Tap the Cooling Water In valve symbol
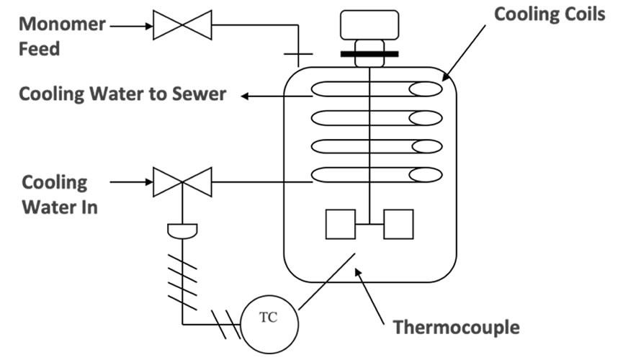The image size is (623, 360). [x=182, y=182]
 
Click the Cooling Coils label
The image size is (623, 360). [x=550, y=15]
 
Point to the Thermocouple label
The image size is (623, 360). [x=456, y=328]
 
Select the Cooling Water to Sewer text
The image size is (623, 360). [x=122, y=94]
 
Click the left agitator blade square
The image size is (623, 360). [x=341, y=224]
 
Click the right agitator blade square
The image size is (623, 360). [x=398, y=224]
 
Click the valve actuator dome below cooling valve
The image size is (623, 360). [x=182, y=230]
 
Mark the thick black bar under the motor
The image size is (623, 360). [x=370, y=53]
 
